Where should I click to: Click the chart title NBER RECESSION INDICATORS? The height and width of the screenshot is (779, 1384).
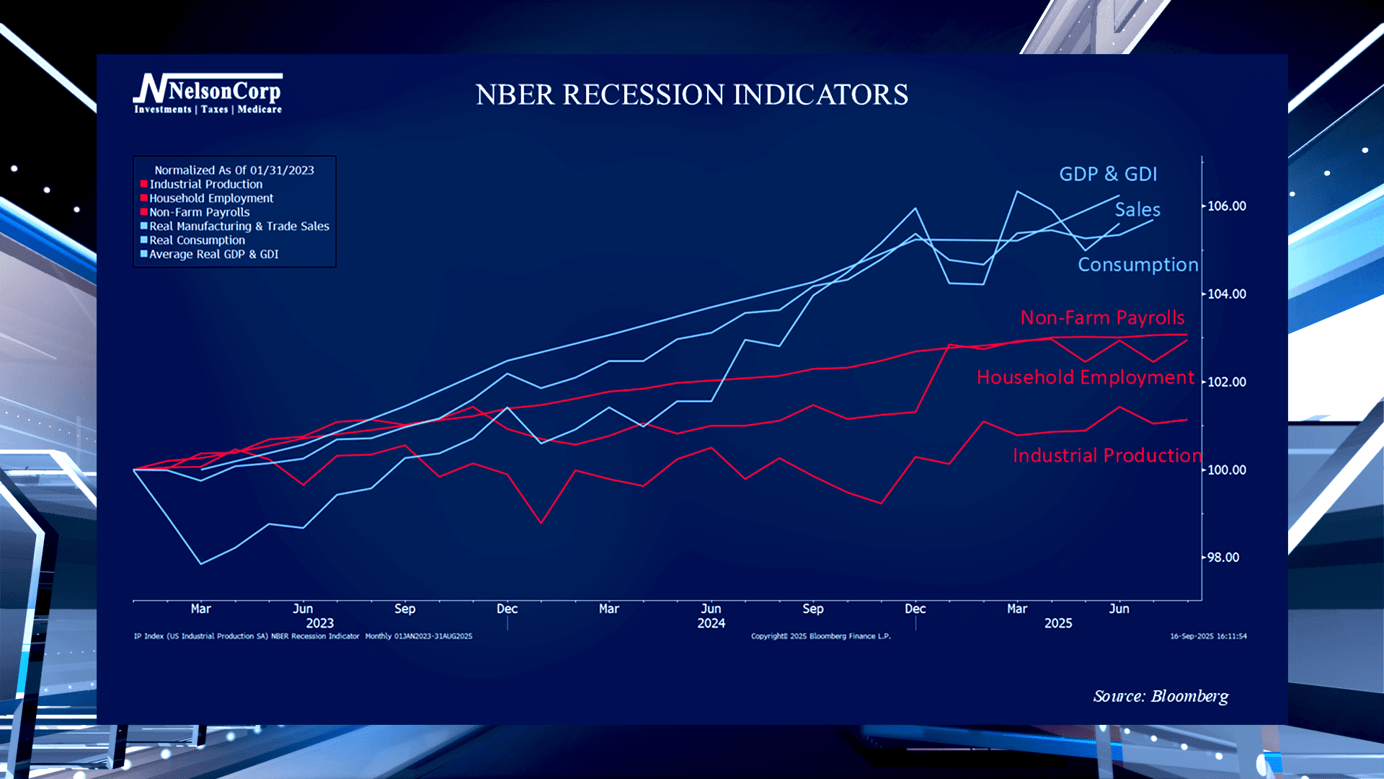point(691,94)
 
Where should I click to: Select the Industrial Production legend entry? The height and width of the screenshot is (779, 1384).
point(205,184)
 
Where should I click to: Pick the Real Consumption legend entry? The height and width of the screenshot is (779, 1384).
point(197,240)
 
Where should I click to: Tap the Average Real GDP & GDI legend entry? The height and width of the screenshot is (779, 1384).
point(213,254)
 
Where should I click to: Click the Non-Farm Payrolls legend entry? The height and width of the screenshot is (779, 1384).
point(199,212)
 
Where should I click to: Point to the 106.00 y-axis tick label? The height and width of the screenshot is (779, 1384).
point(1226,206)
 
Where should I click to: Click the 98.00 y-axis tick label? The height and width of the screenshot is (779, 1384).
point(1223,558)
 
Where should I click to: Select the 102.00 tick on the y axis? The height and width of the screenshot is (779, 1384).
point(1226,382)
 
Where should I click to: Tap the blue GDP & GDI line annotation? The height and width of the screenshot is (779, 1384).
point(1107,174)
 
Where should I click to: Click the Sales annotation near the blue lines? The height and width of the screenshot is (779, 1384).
point(1137,210)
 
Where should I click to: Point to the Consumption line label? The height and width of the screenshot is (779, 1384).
point(1137,265)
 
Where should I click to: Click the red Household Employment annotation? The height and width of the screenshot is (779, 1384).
point(1085,377)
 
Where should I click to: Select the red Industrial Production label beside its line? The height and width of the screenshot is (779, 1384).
point(1106,455)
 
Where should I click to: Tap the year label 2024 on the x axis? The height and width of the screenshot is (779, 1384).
point(711,623)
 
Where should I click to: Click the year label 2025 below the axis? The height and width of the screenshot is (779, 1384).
point(1057,623)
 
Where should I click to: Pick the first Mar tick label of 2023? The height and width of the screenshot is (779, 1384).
point(200,609)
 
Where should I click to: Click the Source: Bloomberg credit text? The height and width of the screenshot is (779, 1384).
point(1161,696)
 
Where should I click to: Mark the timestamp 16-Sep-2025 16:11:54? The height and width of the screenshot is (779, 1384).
point(1207,636)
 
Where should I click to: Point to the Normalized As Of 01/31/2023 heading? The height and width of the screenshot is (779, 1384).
point(234,170)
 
